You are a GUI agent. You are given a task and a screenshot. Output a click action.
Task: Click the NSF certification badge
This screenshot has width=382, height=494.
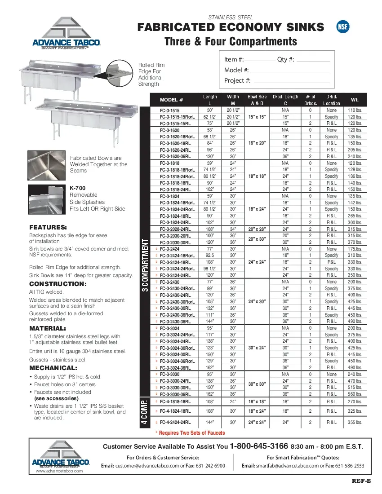coord(342,27)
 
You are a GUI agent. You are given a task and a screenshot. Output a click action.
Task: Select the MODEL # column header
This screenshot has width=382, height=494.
coord(171,100)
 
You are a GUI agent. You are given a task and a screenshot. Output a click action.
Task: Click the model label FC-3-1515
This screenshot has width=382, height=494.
coord(170,110)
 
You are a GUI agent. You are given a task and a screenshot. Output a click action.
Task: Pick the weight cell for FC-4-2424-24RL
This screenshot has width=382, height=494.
coord(355,422)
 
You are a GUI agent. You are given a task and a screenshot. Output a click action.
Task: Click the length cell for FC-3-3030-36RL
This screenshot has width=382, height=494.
coord(210,394)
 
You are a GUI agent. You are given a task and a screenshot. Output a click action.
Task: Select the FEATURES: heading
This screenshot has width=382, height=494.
coord(48,227)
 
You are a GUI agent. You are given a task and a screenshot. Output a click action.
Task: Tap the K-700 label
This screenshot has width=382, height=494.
coord(77,188)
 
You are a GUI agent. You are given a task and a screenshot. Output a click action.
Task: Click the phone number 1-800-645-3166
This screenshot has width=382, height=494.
coord(259,446)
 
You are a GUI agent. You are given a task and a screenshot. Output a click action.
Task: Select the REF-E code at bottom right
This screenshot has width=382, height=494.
coord(361,481)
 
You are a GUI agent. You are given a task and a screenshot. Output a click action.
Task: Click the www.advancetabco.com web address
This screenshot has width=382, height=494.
coord(59,471)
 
